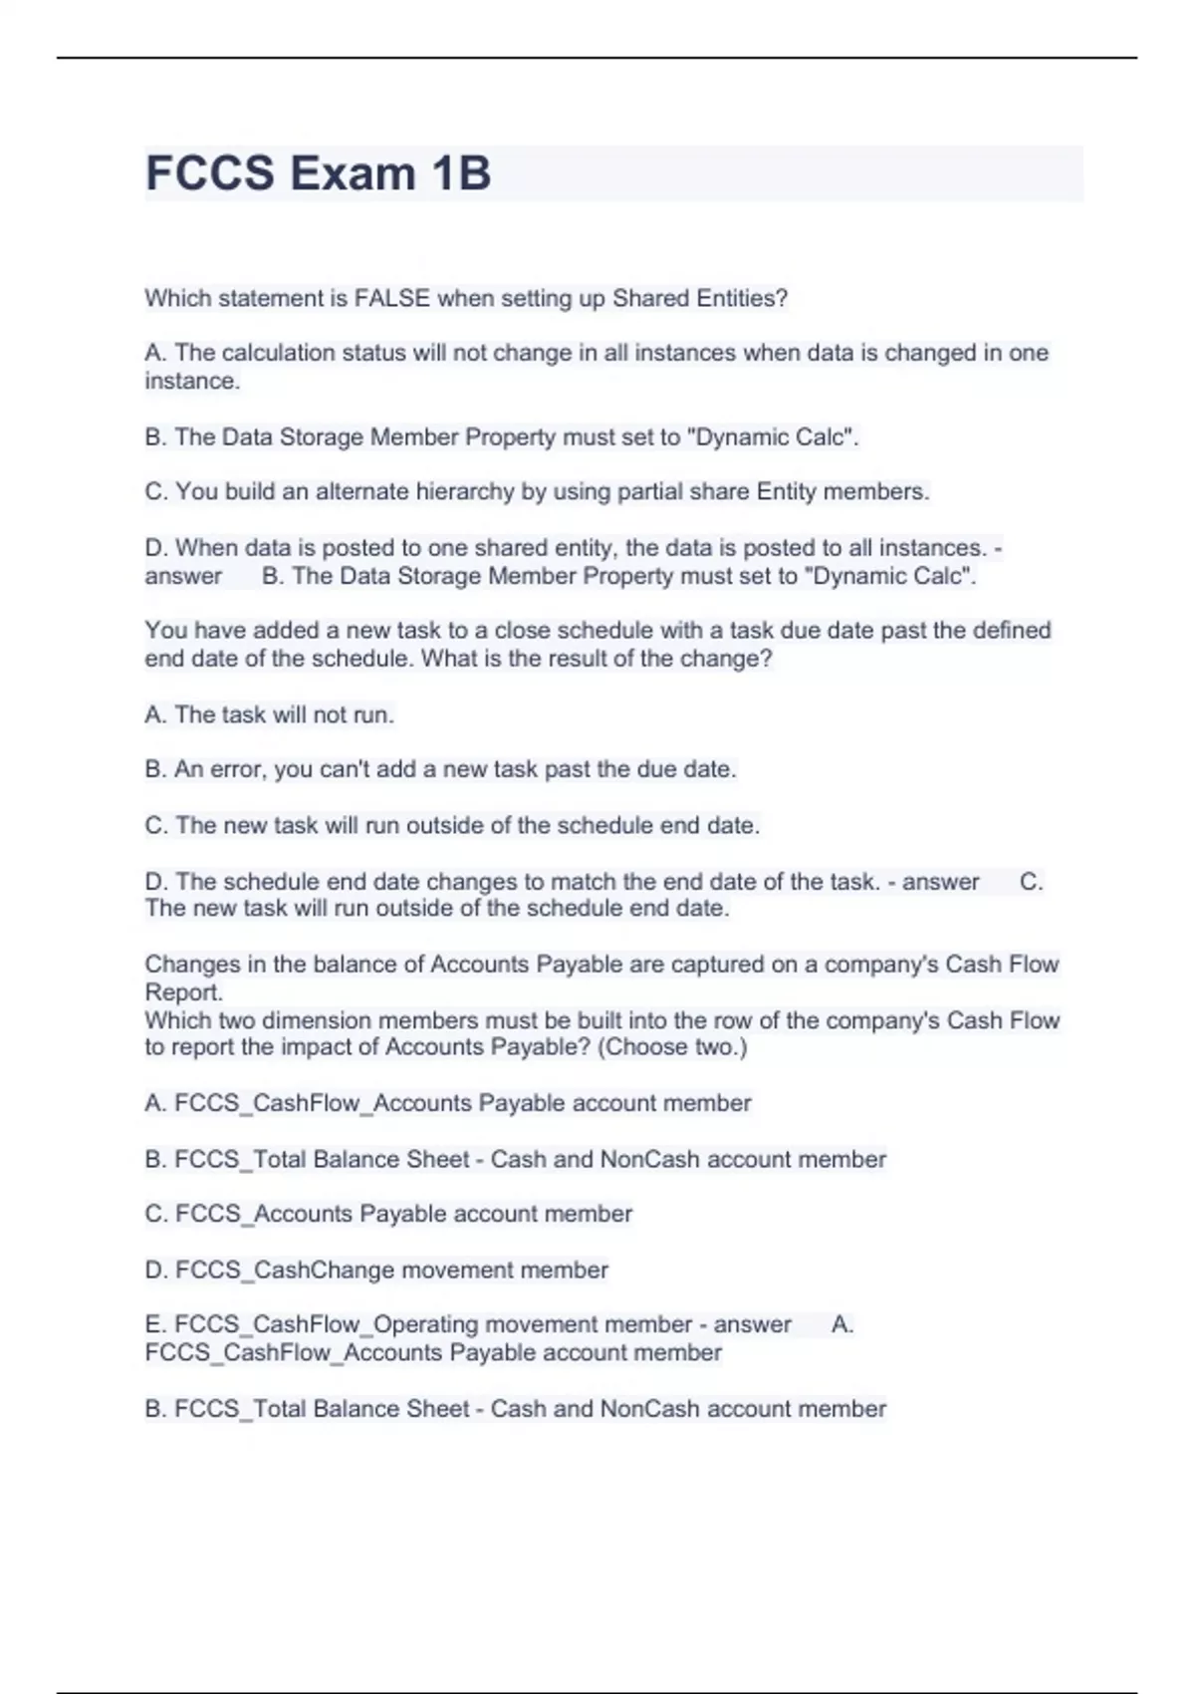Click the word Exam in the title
[353, 173]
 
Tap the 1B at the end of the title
[461, 173]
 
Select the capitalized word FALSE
[393, 298]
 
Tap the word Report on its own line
[183, 992]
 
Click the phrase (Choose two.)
[672, 1047]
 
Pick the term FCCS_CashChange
[256, 1270]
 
